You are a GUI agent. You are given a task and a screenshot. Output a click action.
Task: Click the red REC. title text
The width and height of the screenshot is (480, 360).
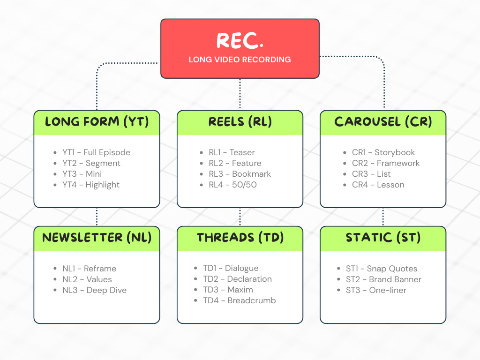[x=240, y=40]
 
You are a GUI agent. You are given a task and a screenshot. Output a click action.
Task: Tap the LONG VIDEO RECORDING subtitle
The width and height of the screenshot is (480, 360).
[x=240, y=60]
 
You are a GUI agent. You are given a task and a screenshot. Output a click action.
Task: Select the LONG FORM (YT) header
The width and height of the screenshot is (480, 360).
[x=97, y=121]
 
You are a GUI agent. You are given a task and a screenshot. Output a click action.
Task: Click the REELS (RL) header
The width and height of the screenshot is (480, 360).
[x=240, y=121]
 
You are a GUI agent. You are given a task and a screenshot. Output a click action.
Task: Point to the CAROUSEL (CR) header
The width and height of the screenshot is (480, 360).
[x=383, y=121]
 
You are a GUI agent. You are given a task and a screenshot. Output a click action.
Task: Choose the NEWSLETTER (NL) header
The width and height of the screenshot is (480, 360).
[x=97, y=238]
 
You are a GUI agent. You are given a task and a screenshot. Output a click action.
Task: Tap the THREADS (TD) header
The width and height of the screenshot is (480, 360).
[x=240, y=238]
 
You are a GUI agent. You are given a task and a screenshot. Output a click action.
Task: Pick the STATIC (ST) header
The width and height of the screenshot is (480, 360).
[x=383, y=238]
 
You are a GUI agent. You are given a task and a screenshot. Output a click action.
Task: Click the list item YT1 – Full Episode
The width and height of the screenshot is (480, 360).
[x=97, y=152]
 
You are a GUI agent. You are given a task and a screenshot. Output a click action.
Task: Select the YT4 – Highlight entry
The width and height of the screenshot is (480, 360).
[x=91, y=185]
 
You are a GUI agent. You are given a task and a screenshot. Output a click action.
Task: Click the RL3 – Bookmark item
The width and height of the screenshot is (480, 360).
[x=240, y=174]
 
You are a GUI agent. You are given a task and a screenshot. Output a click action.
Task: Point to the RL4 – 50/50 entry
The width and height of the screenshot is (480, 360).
[x=232, y=185]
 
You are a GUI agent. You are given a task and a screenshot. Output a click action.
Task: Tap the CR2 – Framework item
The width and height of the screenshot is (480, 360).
[x=386, y=163]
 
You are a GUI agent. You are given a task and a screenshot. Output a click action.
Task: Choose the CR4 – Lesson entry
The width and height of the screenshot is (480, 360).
[x=378, y=185]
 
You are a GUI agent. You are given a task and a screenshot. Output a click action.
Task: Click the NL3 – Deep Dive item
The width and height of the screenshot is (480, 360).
[x=94, y=290]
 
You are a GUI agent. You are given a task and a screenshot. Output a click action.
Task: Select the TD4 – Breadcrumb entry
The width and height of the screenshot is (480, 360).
[x=240, y=300]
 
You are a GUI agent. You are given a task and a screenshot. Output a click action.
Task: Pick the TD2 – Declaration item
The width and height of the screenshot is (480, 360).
[x=237, y=279]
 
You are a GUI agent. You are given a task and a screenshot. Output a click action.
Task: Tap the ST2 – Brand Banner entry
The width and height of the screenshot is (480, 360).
[x=383, y=279]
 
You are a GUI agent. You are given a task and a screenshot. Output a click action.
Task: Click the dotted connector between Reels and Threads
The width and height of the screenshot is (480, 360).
[x=240, y=217]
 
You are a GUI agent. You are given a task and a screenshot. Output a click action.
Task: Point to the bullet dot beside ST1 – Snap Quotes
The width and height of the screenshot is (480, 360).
[x=338, y=269]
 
